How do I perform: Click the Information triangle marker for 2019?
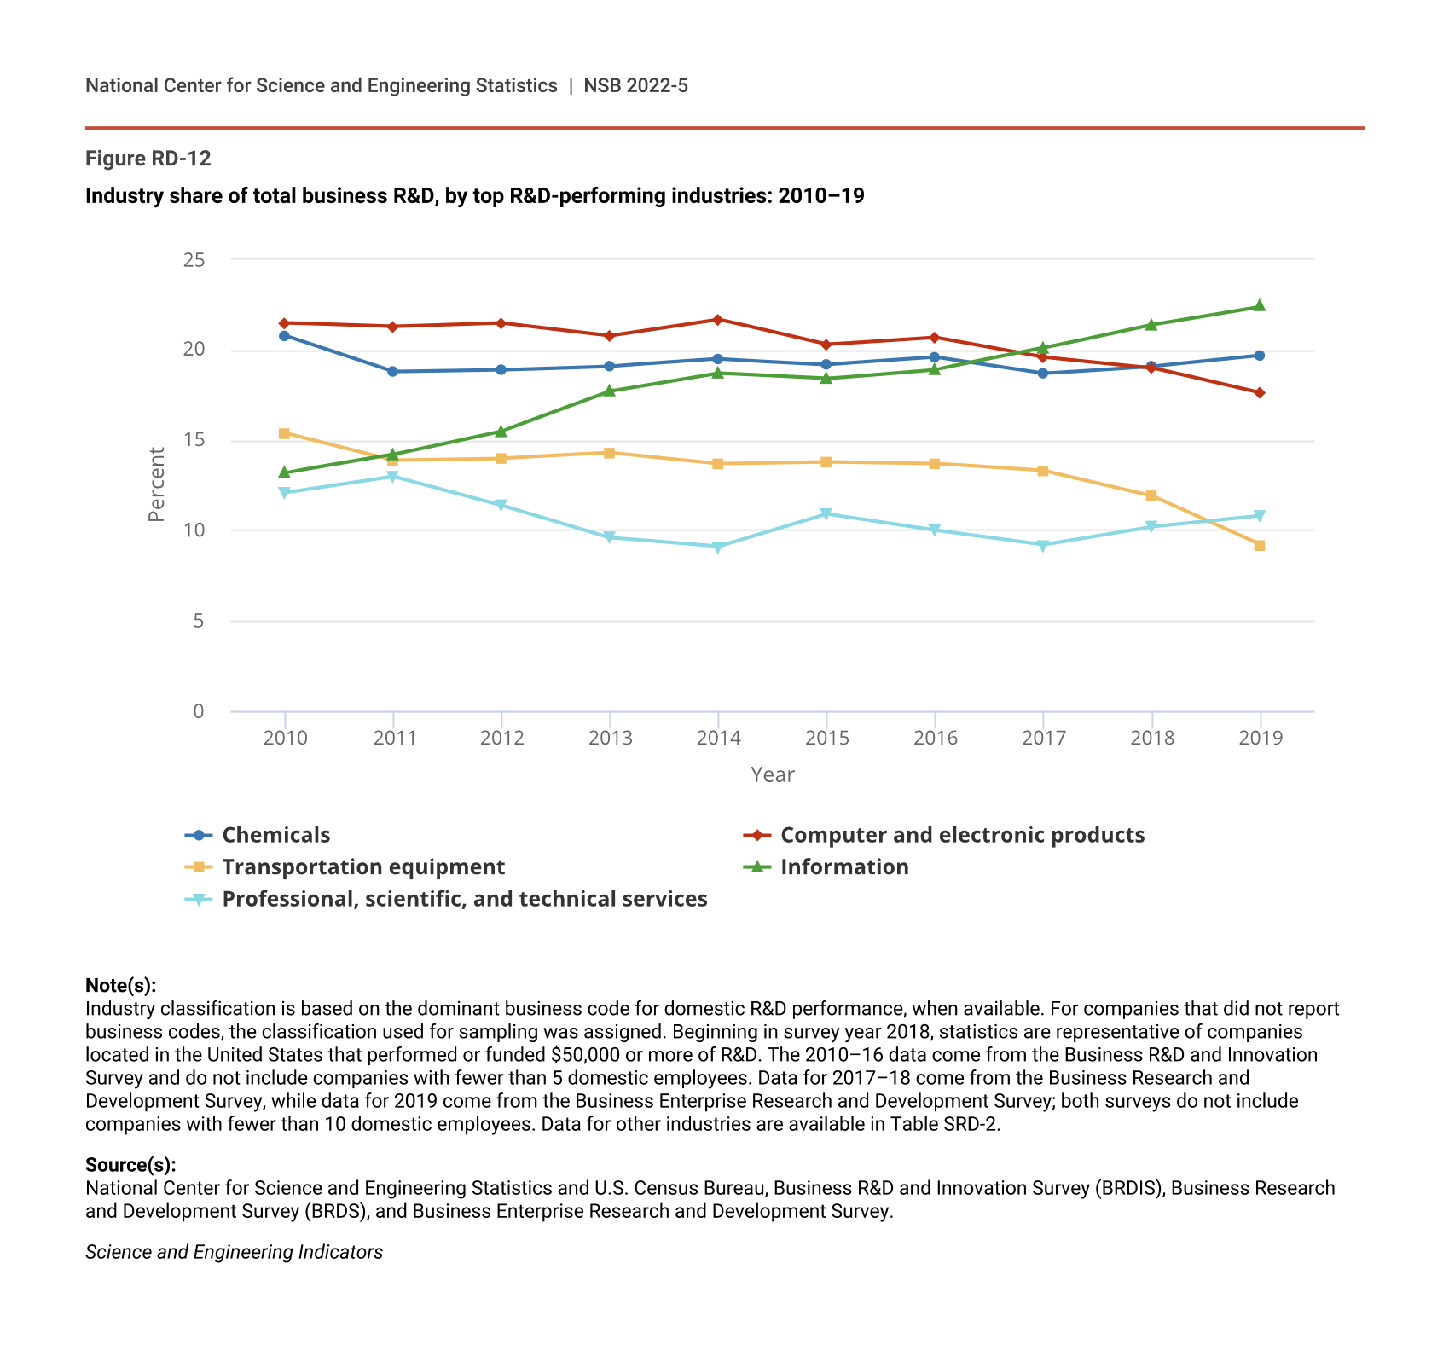(1260, 306)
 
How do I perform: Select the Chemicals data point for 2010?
(284, 335)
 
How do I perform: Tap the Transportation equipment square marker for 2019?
(1260, 545)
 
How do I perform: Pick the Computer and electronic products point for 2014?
(718, 320)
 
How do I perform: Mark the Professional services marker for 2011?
(392, 477)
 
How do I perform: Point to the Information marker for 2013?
(610, 391)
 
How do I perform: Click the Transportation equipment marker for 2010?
(284, 433)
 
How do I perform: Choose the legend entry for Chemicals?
(275, 835)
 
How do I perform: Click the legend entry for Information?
(843, 867)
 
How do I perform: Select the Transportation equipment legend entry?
(362, 867)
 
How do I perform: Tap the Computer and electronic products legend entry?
(962, 835)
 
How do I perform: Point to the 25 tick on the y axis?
(194, 259)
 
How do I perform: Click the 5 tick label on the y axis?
(199, 621)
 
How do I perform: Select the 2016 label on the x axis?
(936, 739)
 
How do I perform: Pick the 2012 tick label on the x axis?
(501, 739)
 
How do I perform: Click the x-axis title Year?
(772, 774)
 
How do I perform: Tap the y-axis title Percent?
(157, 484)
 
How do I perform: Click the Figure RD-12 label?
(148, 159)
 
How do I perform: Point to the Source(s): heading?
(130, 1165)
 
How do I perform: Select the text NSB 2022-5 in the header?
(635, 85)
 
